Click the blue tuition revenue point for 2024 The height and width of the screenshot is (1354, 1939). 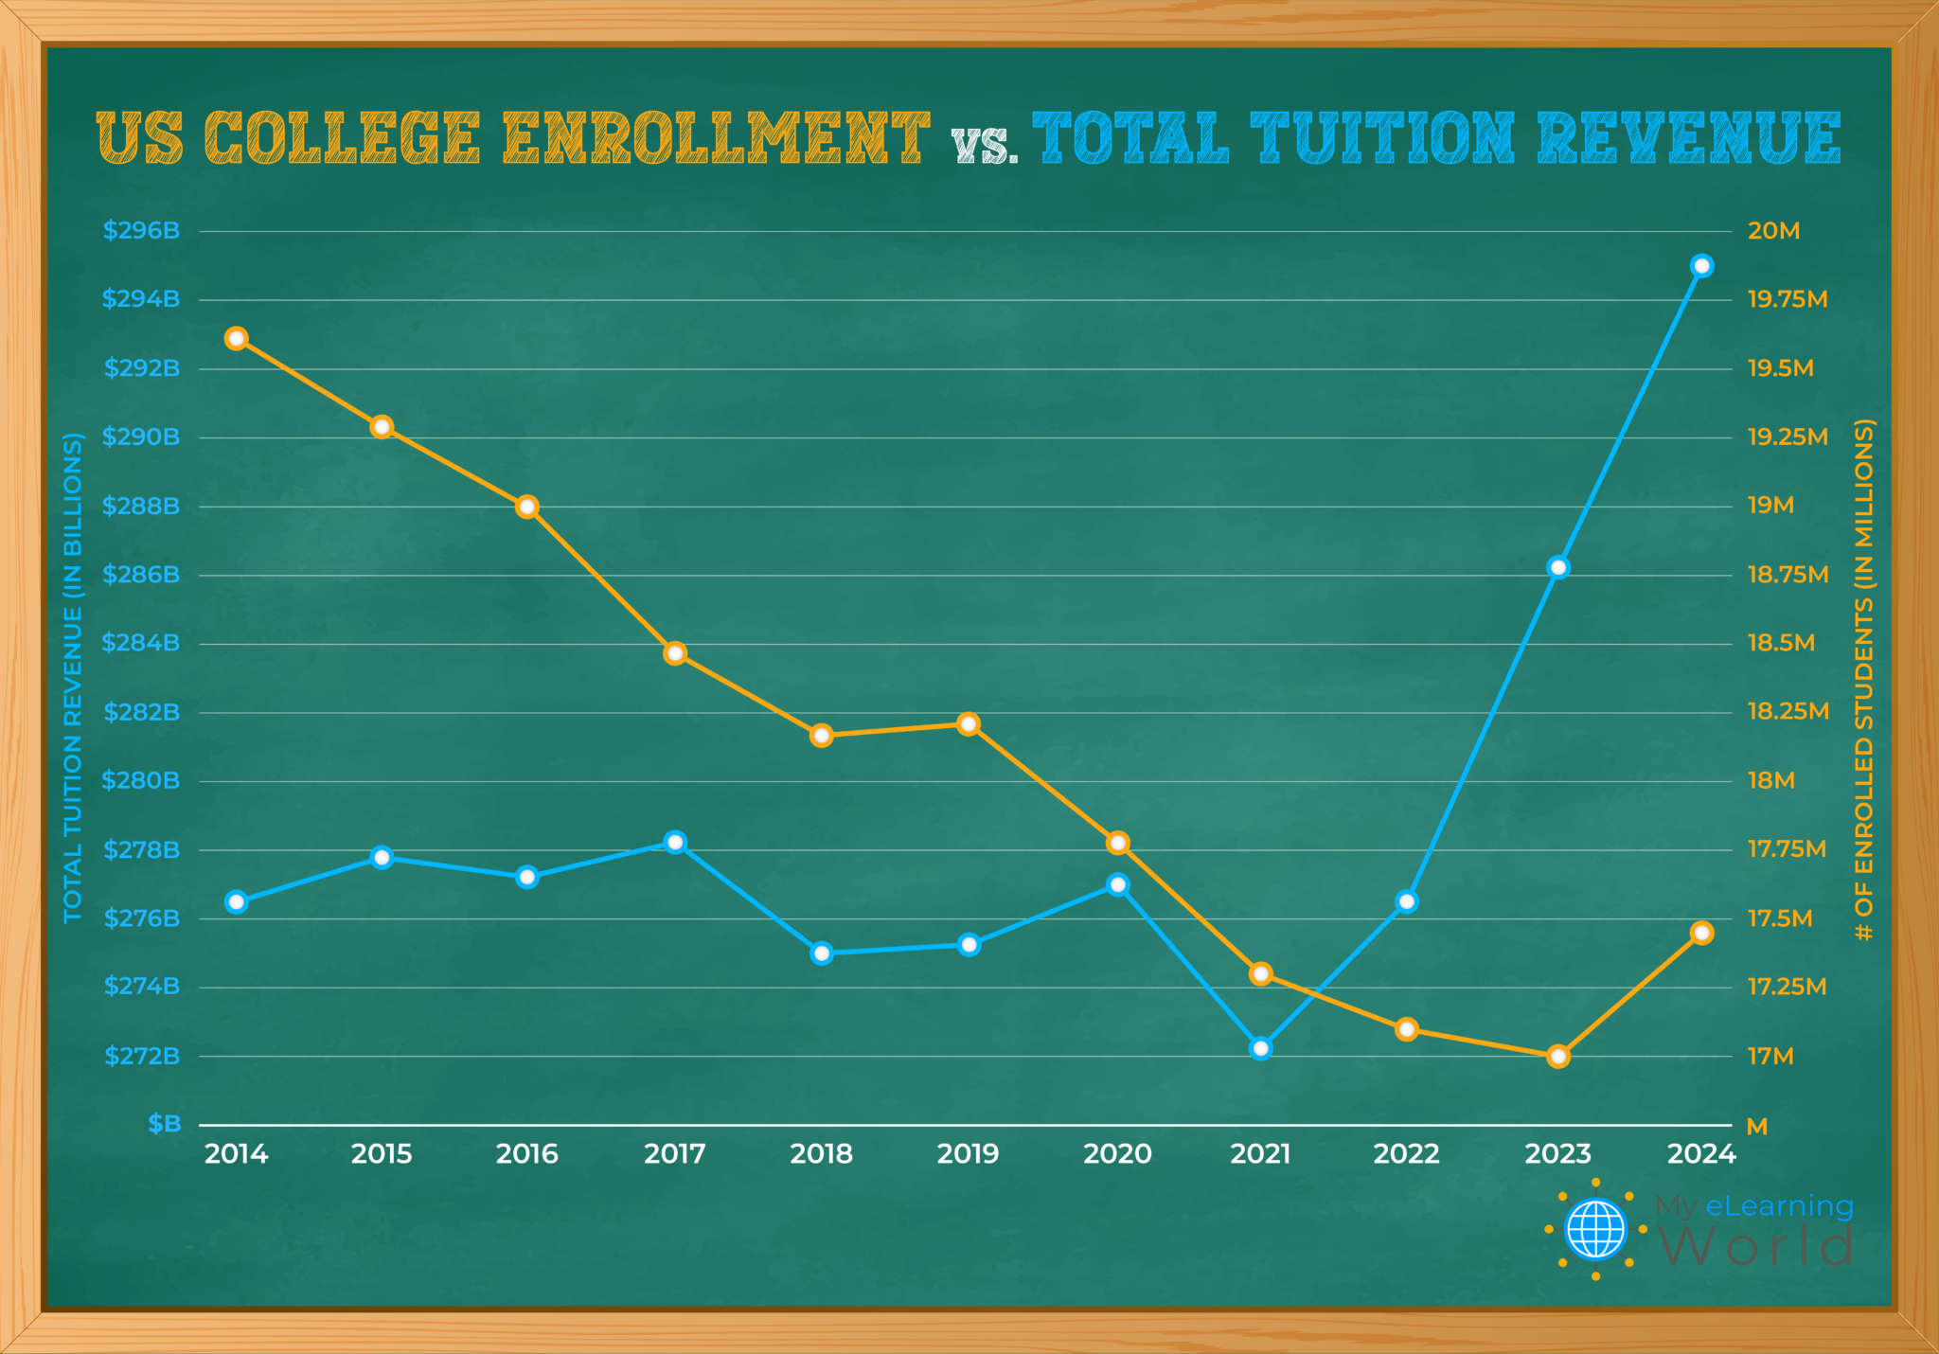pos(1701,266)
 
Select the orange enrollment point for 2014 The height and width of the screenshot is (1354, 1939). pos(237,339)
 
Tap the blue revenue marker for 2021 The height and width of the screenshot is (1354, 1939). pos(1260,1048)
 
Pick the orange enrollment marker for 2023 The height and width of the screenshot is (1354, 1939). pos(1558,1057)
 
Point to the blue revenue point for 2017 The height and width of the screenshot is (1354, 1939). pos(675,842)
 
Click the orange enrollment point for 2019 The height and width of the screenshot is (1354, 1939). pos(968,724)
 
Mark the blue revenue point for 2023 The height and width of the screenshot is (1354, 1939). pos(1558,567)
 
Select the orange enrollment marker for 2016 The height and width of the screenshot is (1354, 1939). pos(527,507)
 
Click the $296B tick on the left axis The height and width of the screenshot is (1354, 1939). pos(141,231)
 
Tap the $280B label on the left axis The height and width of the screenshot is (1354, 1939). pos(141,781)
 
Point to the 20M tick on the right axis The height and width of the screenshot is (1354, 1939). pos(1773,231)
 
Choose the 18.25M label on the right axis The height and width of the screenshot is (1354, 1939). pos(1788,712)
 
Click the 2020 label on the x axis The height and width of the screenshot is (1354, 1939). pos(1117,1154)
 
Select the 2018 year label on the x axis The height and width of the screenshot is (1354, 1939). pos(822,1154)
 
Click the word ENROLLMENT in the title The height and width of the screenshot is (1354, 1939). pos(716,138)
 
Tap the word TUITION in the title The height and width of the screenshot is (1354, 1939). pos(1383,138)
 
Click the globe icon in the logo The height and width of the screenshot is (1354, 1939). pos(1596,1229)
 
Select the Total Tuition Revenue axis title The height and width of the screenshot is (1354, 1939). pos(73,677)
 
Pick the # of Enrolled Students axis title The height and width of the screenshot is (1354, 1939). pos(1863,680)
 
